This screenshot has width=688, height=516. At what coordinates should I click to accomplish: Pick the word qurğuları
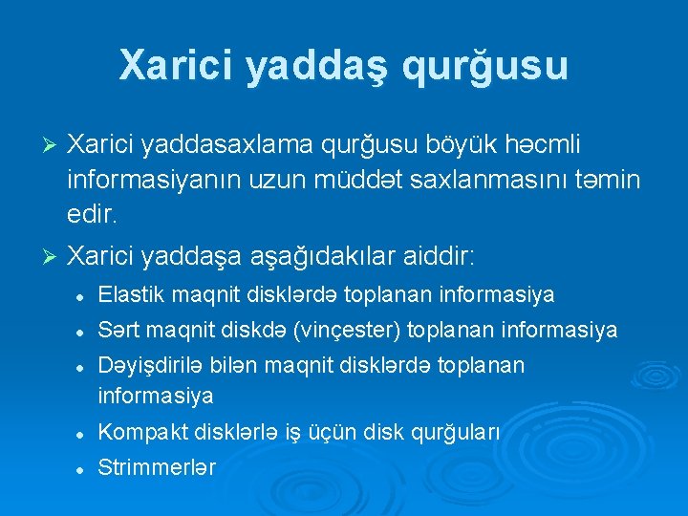tap(456, 432)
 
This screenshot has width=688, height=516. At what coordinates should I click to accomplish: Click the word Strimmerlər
tap(157, 467)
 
